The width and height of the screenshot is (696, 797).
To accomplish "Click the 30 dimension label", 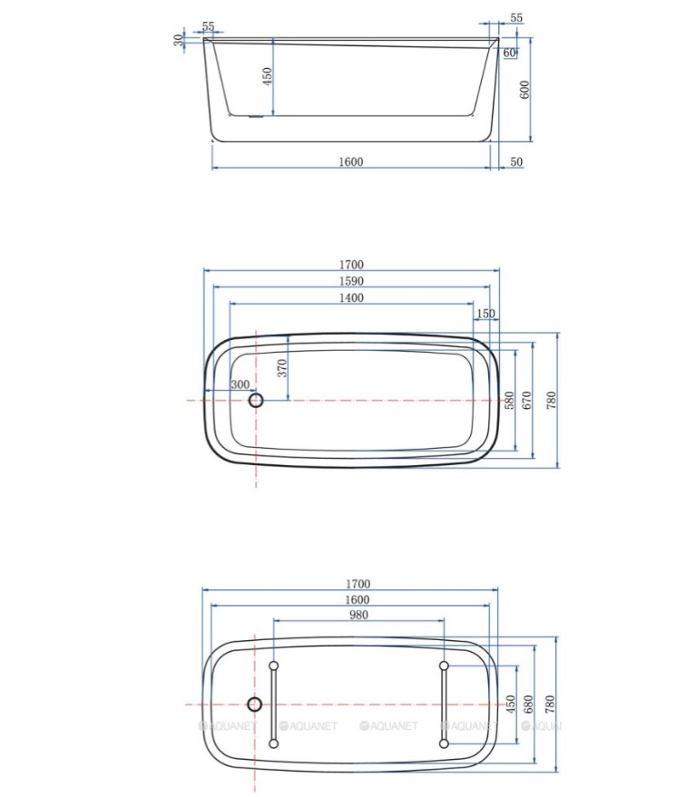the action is [178, 40].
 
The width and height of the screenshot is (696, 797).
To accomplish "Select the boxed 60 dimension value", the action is [509, 53].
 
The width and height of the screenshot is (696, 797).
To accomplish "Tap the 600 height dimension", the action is [525, 90].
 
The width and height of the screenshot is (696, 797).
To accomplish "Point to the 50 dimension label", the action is [516, 161].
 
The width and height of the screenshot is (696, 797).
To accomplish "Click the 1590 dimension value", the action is [351, 281].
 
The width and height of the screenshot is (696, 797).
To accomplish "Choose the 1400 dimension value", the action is [351, 298].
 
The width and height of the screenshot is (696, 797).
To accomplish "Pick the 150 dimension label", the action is [485, 314].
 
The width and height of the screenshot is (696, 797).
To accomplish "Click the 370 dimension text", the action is [282, 368].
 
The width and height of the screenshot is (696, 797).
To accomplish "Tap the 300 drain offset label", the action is [240, 384].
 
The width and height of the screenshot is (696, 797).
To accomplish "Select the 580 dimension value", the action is [509, 400].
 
